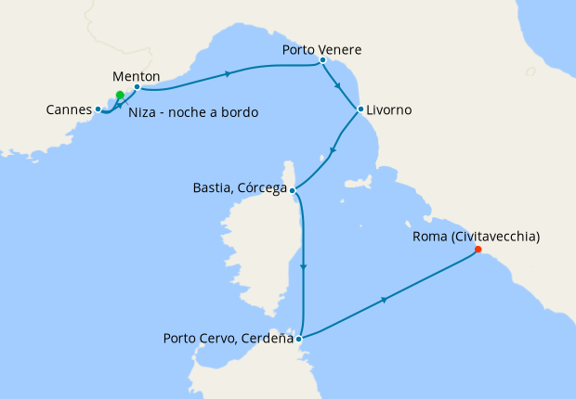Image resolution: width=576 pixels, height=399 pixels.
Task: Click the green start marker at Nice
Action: coord(120,95)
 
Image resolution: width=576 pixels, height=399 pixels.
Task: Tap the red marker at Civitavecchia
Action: coord(478,249)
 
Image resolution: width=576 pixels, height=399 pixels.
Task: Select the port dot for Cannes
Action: coord(98,109)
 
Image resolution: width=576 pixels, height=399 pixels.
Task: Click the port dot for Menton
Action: coord(137,88)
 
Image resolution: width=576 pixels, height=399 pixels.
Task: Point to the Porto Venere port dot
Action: coord(321,60)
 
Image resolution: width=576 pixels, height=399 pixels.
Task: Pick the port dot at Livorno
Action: coord(360,109)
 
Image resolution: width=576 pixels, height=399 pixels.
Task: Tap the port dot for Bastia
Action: coord(293,191)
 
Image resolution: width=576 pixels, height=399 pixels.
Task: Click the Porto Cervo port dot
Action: coord(298,339)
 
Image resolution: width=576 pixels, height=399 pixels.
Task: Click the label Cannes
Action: coord(68,109)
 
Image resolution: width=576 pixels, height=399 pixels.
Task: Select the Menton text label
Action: coord(136,75)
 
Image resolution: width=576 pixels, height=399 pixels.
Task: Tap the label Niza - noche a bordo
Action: coord(193,112)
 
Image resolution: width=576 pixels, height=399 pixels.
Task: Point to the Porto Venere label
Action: coord(321,49)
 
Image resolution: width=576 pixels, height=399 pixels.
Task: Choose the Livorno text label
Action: coord(389,109)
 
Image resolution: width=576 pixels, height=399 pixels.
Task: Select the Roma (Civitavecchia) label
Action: coord(475,237)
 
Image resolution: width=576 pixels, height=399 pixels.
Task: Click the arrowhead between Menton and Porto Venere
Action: coord(226,74)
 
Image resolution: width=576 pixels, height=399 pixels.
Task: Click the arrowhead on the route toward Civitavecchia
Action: coord(383,300)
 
